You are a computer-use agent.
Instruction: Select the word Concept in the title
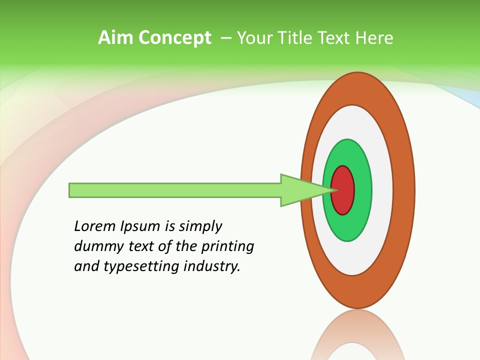175,38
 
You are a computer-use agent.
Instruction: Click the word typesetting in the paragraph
141,266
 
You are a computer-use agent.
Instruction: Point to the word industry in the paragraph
212,266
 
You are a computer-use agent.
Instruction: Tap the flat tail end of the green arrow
71,190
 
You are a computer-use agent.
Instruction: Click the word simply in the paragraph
200,226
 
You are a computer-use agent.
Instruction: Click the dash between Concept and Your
226,38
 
